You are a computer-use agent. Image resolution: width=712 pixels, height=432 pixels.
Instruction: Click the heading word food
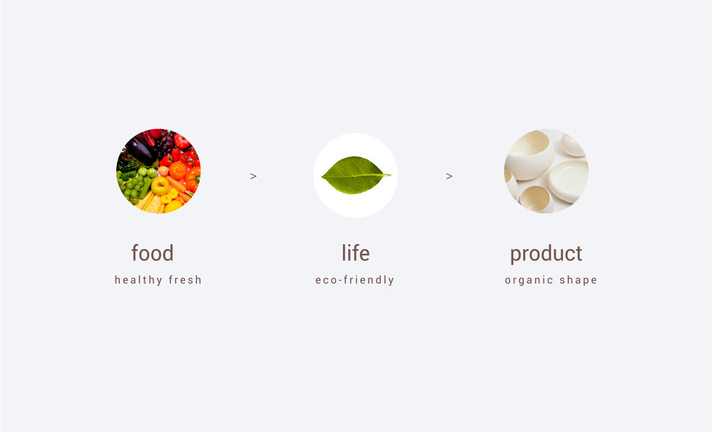point(152,253)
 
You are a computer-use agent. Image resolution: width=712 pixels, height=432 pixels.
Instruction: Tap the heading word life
point(355,253)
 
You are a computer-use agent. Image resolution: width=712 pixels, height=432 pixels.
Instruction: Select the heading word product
point(546,254)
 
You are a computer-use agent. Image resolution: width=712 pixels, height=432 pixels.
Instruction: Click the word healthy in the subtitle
point(139,280)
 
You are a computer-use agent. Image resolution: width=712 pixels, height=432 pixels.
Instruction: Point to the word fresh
point(185,279)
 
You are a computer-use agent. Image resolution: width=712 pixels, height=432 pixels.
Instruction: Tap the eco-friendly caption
point(355,280)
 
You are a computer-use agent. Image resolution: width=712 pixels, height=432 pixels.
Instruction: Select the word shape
point(578,280)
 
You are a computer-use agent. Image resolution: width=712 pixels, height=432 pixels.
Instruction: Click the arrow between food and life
point(253,176)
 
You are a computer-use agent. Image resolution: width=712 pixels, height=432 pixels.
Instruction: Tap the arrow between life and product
point(449,176)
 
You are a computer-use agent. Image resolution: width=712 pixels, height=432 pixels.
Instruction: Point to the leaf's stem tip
point(390,175)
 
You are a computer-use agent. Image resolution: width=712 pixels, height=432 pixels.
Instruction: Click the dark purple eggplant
point(140,150)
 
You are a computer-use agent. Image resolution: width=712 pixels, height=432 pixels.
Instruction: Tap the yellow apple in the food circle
point(160,186)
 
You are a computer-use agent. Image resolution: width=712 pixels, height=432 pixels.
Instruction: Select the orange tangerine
point(177,171)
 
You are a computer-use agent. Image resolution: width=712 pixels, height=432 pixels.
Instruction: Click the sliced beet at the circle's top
point(157,133)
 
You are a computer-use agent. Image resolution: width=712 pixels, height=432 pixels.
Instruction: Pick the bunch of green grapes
point(133,188)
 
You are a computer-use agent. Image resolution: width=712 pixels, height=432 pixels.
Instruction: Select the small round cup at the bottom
point(537,200)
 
